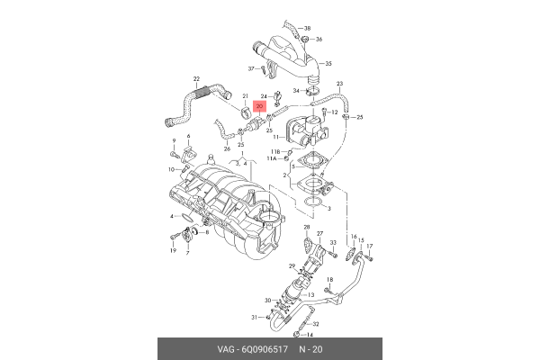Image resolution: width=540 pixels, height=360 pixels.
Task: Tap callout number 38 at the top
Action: [x=306, y=28]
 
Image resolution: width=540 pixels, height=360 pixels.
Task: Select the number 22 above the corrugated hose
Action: [x=196, y=79]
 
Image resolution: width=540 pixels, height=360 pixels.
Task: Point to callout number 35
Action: [x=328, y=64]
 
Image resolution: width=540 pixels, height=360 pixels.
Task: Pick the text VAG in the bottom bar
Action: [x=225, y=348]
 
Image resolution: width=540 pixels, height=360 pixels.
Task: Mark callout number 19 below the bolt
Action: [x=173, y=250]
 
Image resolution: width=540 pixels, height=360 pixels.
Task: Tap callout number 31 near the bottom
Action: [x=255, y=317]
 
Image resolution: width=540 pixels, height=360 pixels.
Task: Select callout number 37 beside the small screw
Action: [x=251, y=69]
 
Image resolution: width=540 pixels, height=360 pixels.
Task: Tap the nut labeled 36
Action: [x=307, y=40]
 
